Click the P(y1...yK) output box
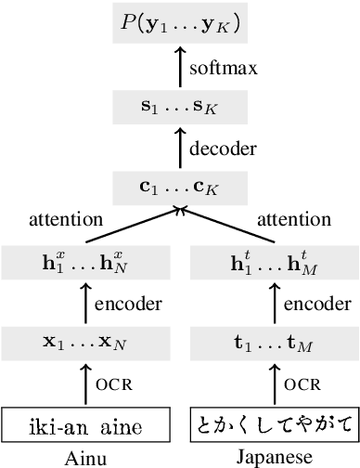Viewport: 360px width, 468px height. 180,25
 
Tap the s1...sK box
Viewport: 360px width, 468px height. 180,110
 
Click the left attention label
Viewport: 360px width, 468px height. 66,219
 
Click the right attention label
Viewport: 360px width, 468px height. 302,219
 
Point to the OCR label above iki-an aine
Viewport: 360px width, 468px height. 111,383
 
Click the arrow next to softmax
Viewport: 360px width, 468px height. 180,68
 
